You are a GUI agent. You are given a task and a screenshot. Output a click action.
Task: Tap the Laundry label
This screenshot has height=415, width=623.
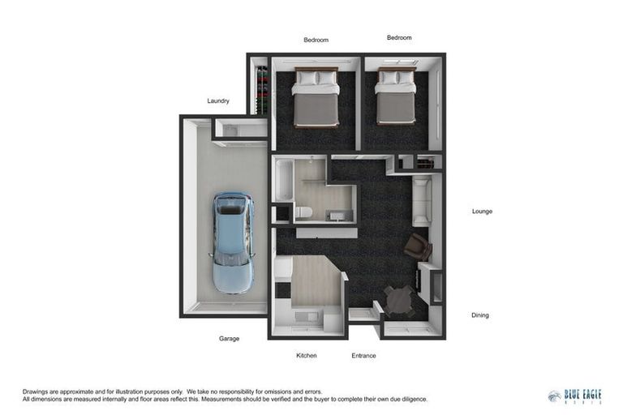tap(218, 101)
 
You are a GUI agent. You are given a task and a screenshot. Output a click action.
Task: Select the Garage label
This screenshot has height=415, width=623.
tap(229, 339)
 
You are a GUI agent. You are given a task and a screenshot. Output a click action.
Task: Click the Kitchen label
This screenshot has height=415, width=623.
tap(306, 356)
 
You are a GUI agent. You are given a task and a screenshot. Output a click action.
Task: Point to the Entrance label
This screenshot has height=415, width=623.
tap(363, 356)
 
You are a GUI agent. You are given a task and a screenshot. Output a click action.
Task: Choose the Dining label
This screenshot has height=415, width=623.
tap(480, 315)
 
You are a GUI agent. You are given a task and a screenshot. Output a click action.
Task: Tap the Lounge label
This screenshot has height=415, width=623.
tap(482, 212)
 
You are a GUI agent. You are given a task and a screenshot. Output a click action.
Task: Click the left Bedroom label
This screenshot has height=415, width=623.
tap(316, 40)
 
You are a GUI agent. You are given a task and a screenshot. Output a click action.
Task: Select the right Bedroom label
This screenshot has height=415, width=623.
tap(399, 37)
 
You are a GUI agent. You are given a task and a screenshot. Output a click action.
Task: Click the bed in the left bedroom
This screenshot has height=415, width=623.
tap(316, 98)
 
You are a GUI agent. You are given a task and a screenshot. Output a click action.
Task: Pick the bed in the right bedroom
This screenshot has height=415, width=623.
tap(396, 96)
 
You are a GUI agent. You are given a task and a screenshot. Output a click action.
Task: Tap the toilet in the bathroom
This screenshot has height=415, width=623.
tap(303, 212)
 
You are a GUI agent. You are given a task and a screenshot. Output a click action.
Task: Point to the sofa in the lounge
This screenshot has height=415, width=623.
tap(422, 201)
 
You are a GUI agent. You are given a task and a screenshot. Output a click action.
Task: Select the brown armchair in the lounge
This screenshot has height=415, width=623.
tap(418, 246)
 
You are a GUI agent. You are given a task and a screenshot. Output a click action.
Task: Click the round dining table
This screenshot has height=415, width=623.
tap(399, 300)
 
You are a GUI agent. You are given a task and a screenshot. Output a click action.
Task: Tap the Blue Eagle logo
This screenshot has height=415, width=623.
tap(575, 396)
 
